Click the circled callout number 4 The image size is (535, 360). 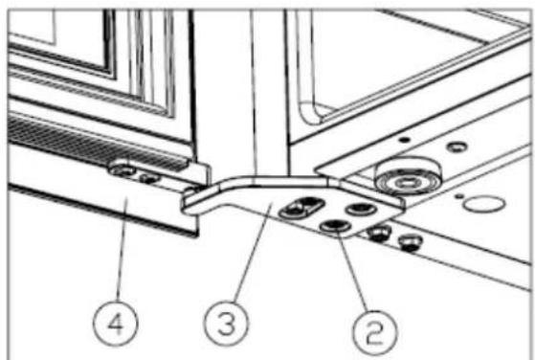116,324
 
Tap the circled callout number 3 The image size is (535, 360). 227,324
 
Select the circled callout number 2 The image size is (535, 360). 375,332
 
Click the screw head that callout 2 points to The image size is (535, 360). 335,226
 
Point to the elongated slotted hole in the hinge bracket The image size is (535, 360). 301,208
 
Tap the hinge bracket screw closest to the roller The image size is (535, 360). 362,209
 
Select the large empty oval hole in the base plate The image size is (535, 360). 484,204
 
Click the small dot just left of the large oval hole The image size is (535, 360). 460,196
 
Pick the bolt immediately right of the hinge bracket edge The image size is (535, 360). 378,234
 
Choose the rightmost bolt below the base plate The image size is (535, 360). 410,243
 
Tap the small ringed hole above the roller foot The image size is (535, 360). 457,147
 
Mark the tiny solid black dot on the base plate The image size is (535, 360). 404,140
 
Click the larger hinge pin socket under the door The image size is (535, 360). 123,169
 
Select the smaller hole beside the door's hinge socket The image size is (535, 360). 148,178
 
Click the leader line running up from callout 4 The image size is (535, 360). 123,251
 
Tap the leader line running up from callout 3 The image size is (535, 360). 254,253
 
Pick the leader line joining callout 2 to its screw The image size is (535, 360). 354,270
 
